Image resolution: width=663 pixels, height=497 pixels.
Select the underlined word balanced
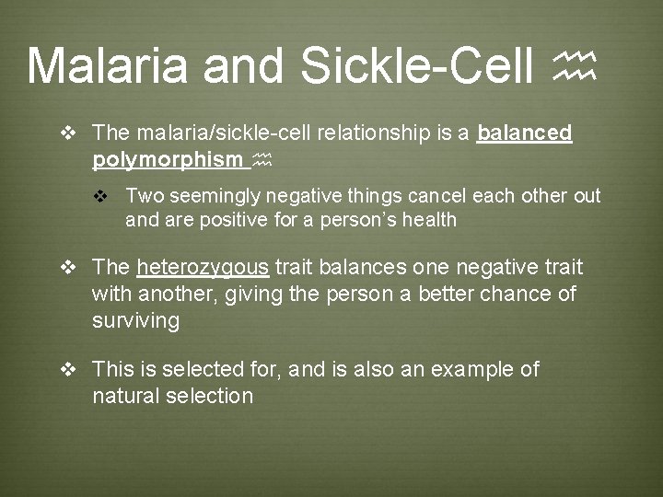525,133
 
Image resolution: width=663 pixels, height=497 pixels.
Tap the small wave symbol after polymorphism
262,161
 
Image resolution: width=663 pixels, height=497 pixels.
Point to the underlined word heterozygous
203,267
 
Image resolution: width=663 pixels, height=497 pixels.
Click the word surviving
135,320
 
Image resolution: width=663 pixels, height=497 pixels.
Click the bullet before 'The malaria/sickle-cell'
66,134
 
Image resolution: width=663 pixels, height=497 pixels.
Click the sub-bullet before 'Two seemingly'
102,197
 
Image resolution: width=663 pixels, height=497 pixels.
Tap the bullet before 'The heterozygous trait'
66,268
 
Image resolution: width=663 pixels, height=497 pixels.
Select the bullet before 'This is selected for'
66,370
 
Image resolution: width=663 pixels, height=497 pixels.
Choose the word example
470,369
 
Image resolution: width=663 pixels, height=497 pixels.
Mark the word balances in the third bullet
360,267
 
